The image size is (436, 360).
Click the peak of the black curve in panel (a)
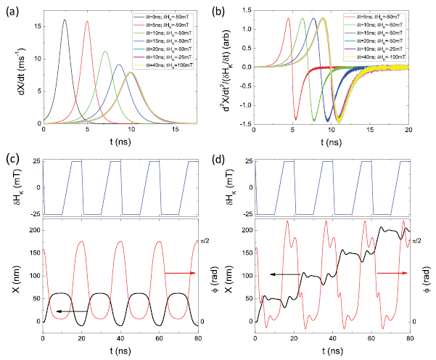pyautogui.click(x=65, y=20)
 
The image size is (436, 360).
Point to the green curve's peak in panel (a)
pyautogui.click(x=105, y=52)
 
